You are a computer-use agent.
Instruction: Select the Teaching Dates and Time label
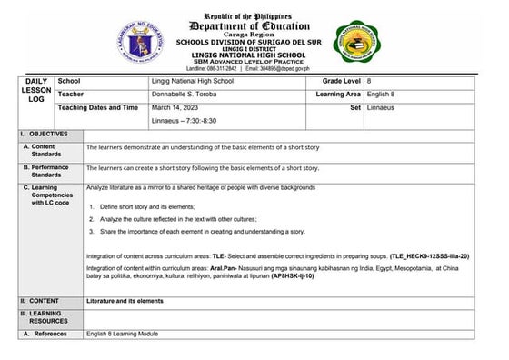pos(98,107)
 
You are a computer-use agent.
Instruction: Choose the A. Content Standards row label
pos(43,150)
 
